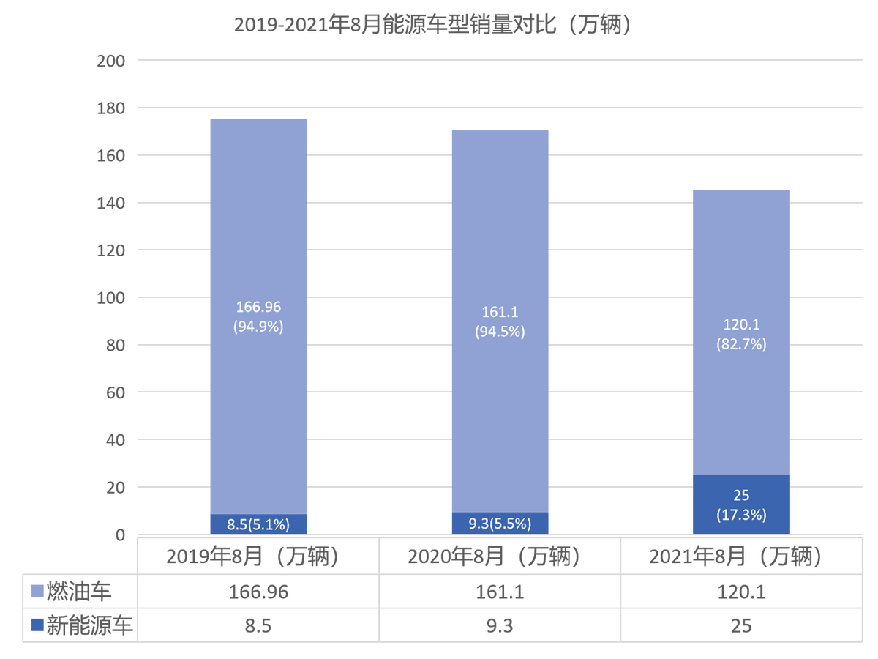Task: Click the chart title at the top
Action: pos(432,25)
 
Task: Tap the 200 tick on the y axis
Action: pos(110,62)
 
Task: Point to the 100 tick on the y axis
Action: pos(110,298)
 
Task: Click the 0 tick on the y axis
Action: pos(120,535)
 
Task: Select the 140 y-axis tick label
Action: pos(110,204)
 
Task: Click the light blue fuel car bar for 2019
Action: pos(258,316)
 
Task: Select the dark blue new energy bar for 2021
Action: pos(741,505)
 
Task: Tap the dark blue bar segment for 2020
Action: pos(500,523)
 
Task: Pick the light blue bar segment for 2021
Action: pos(741,333)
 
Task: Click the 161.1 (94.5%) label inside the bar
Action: pos(500,321)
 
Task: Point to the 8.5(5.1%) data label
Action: pos(258,524)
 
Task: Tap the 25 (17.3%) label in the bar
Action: pos(741,505)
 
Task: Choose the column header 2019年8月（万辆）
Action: pos(252,556)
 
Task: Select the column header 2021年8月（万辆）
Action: pos(735,556)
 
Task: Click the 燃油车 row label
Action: pos(79,592)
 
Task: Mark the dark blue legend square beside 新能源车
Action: pos(37,625)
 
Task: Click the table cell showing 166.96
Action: pos(258,592)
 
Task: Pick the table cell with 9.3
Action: pos(500,626)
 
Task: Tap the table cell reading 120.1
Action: pos(741,592)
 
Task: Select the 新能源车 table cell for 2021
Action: pos(741,626)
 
